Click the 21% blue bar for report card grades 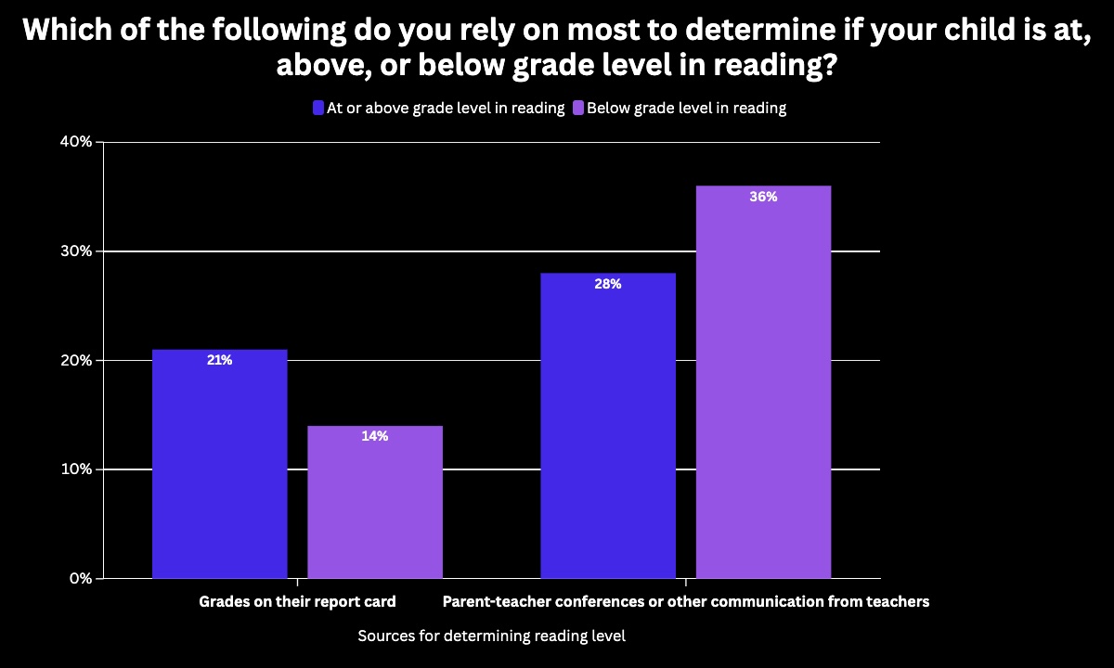pyautogui.click(x=219, y=464)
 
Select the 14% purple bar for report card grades pyautogui.click(x=375, y=502)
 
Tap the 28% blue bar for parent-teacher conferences pyautogui.click(x=607, y=426)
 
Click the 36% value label pyautogui.click(x=763, y=197)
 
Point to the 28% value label pyautogui.click(x=607, y=284)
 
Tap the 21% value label pyautogui.click(x=219, y=360)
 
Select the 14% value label pyautogui.click(x=375, y=436)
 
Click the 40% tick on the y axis pyautogui.click(x=77, y=142)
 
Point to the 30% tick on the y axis pyautogui.click(x=77, y=251)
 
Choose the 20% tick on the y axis pyautogui.click(x=77, y=360)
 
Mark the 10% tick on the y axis pyautogui.click(x=77, y=469)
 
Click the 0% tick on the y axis pyautogui.click(x=81, y=578)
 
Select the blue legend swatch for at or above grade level pyautogui.click(x=318, y=108)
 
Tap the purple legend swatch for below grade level pyautogui.click(x=577, y=108)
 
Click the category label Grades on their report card pyautogui.click(x=297, y=601)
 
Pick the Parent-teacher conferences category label pyautogui.click(x=685, y=601)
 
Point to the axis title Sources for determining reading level pyautogui.click(x=491, y=636)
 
